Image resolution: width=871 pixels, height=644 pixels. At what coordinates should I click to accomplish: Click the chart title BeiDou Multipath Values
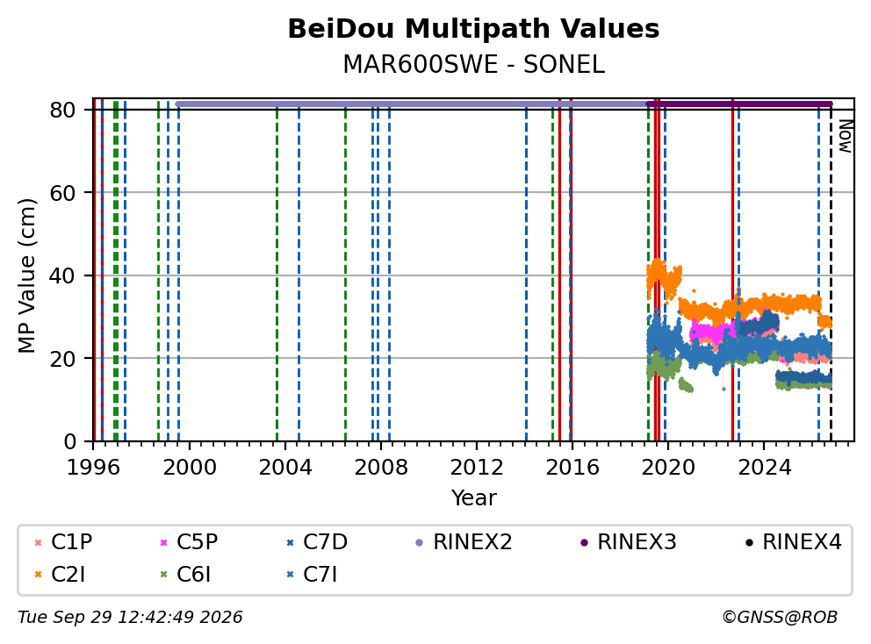473,29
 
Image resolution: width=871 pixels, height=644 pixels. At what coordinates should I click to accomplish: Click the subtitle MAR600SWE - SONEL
473,64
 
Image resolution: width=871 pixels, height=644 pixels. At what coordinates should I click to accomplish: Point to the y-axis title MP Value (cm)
26,275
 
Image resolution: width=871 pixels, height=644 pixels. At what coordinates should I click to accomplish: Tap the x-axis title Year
473,498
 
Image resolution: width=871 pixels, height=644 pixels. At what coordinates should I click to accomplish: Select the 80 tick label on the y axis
62,110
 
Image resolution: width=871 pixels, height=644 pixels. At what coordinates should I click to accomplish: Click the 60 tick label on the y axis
62,193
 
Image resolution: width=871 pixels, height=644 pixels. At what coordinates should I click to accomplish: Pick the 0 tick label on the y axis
70,441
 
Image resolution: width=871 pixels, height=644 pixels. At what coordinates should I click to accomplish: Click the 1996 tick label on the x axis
93,468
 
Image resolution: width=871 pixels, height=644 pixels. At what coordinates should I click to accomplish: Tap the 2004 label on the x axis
285,468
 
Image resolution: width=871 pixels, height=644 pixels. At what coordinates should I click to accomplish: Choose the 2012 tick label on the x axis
477,468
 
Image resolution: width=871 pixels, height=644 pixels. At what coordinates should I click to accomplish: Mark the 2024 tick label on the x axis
764,468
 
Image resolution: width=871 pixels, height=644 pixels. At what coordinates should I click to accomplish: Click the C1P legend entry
63,542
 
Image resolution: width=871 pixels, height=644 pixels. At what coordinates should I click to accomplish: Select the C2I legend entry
60,575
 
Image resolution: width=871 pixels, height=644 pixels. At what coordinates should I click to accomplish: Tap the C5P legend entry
189,542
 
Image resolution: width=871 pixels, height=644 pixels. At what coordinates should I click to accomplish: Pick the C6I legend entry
185,575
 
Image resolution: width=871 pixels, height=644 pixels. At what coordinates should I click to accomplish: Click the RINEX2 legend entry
464,542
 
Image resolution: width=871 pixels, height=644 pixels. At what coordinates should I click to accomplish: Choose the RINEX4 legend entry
794,542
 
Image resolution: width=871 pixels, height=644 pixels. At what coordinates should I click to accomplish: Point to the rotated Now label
846,136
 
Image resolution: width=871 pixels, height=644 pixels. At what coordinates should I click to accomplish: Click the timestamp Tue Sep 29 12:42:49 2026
131,618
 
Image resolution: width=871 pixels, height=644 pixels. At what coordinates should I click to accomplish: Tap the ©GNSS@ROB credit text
780,618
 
